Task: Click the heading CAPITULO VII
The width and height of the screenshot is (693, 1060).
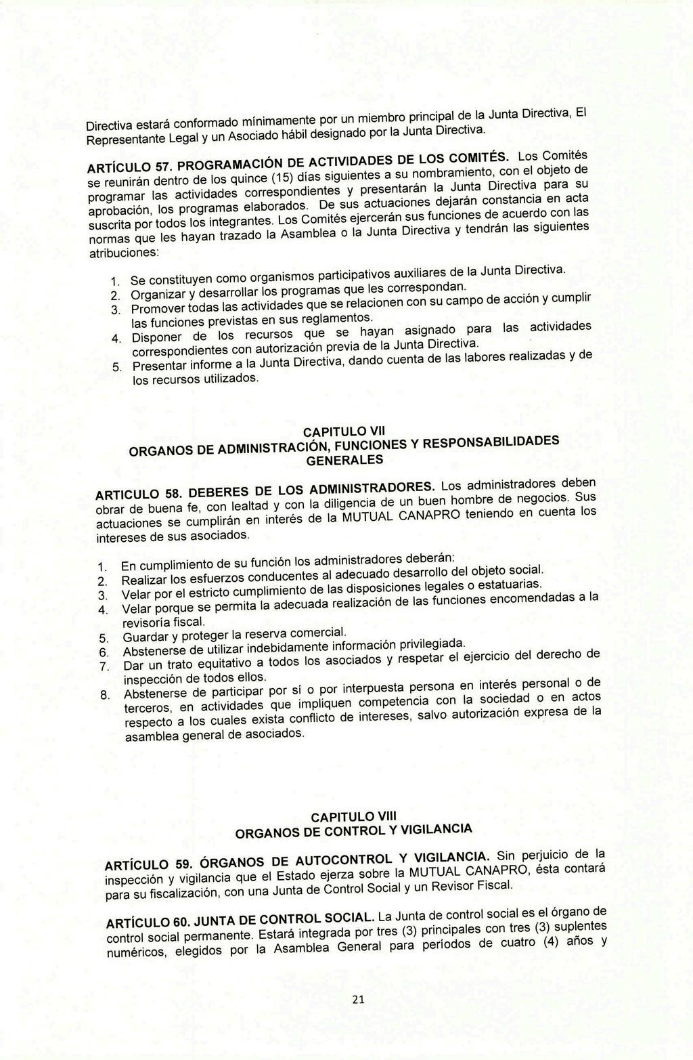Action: [344, 432]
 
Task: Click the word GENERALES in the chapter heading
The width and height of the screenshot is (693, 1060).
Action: [344, 461]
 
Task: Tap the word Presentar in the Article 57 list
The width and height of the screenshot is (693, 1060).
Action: [159, 366]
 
